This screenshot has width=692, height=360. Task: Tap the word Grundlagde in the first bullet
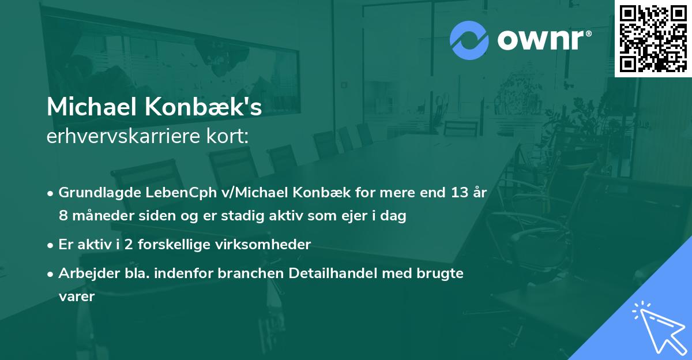pyautogui.click(x=96, y=193)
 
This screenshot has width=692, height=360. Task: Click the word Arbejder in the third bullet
pyautogui.click(x=84, y=273)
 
